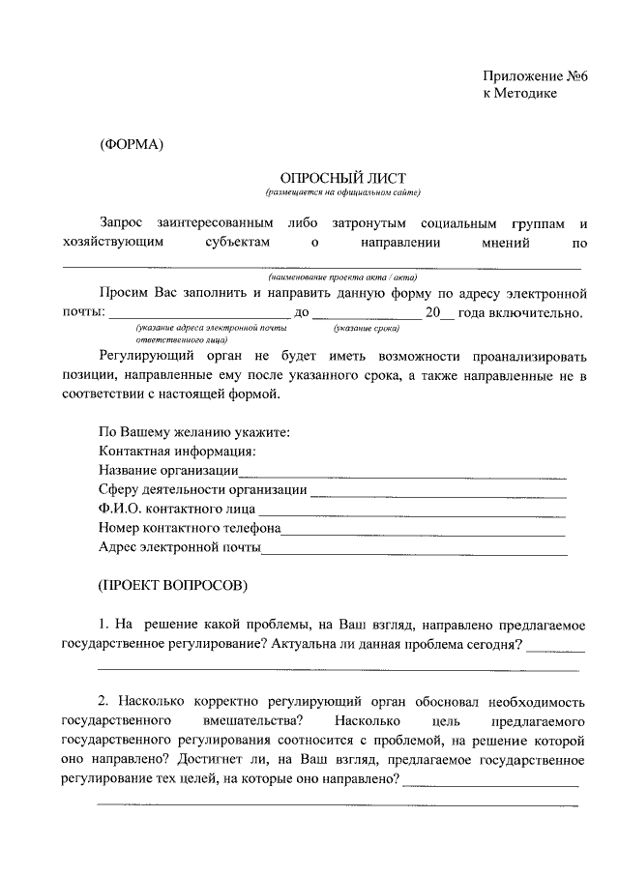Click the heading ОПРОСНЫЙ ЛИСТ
point(343,178)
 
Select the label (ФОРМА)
point(132,145)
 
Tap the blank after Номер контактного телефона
point(423,532)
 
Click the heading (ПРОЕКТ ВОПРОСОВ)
point(174,586)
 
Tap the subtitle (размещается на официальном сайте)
point(343,193)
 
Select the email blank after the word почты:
point(199,314)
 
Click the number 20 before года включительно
point(432,312)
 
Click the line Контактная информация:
point(177,452)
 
